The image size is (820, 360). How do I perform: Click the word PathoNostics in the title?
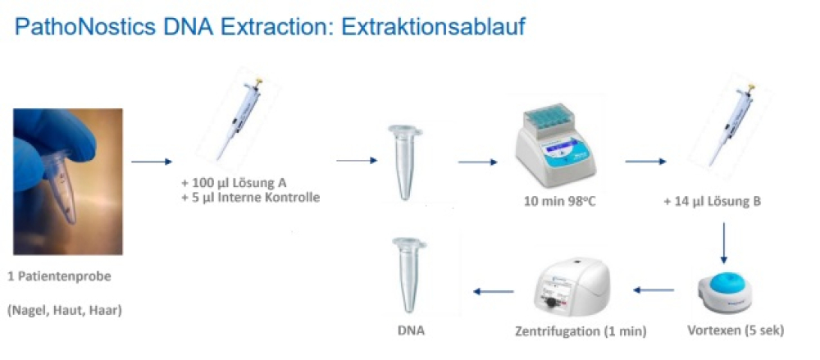(x=84, y=27)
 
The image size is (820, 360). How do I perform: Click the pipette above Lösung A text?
(x=238, y=118)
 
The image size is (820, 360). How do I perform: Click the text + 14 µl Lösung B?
(x=712, y=201)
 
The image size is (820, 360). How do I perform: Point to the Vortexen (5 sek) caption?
(x=736, y=330)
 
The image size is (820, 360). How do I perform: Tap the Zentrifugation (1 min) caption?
(x=581, y=331)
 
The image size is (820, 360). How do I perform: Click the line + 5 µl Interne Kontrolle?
(x=250, y=198)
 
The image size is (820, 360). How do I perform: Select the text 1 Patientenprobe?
(x=59, y=277)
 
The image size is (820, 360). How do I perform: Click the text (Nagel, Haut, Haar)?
(x=64, y=311)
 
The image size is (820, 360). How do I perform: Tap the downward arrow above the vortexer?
(x=724, y=244)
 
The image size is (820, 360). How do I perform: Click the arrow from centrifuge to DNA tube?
(x=493, y=291)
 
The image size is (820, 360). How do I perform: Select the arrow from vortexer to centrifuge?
(x=654, y=289)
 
